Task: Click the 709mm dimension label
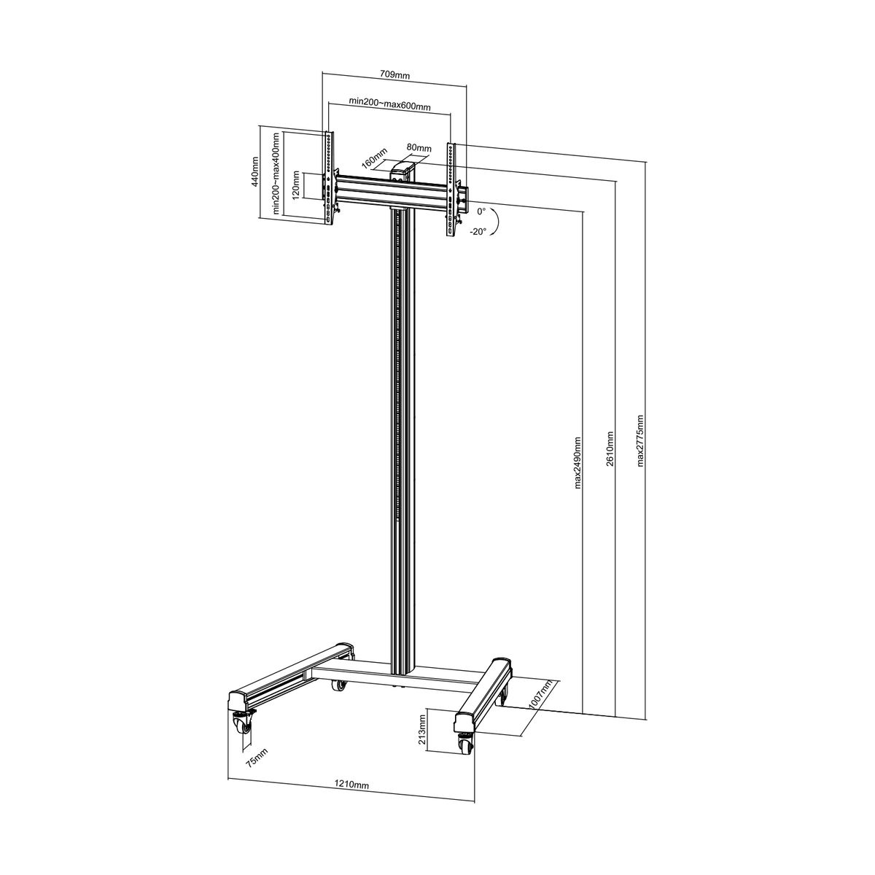tap(394, 75)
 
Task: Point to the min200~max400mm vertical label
tap(276, 174)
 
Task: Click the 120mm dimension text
tap(296, 185)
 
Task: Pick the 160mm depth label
tap(374, 157)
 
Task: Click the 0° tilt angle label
tap(481, 211)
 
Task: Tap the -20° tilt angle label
tap(478, 232)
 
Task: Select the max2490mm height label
tap(577, 463)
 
